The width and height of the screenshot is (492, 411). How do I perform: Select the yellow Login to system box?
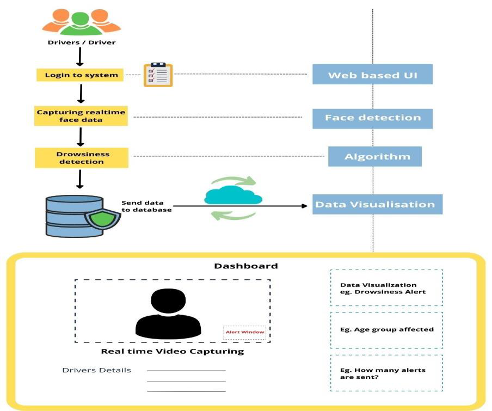(x=81, y=75)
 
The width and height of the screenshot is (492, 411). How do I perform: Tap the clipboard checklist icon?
(x=158, y=75)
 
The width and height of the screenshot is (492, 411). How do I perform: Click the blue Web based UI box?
(x=372, y=75)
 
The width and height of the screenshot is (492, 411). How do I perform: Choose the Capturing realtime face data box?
(x=81, y=116)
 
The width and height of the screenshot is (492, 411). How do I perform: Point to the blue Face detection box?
(x=372, y=118)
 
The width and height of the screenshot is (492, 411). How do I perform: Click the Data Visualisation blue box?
(x=377, y=205)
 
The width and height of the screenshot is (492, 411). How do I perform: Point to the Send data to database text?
(x=146, y=206)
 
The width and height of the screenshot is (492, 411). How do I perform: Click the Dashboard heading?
(x=246, y=266)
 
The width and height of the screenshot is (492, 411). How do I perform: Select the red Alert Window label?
(x=245, y=332)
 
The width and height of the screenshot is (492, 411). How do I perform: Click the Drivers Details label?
(x=96, y=370)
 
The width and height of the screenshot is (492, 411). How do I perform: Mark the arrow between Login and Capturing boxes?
(x=81, y=93)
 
